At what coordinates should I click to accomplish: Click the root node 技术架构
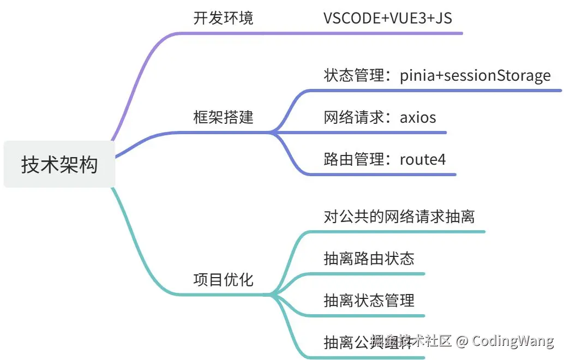59,164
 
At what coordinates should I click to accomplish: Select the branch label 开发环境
223,18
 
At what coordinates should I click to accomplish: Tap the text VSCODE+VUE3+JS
387,18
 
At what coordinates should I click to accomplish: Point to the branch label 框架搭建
223,117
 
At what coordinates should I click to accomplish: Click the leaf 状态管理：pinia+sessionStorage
437,75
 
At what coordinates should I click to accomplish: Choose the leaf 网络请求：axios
380,117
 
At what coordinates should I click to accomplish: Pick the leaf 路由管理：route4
385,159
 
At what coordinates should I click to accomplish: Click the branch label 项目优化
223,280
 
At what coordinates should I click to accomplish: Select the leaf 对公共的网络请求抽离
399,217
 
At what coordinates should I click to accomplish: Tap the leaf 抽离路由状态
369,258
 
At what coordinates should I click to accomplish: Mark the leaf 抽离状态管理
369,300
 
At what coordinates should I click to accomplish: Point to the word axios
418,117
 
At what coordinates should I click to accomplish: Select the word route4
423,159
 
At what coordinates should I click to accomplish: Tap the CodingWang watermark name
513,341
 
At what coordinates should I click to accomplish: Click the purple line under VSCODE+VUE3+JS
393,33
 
